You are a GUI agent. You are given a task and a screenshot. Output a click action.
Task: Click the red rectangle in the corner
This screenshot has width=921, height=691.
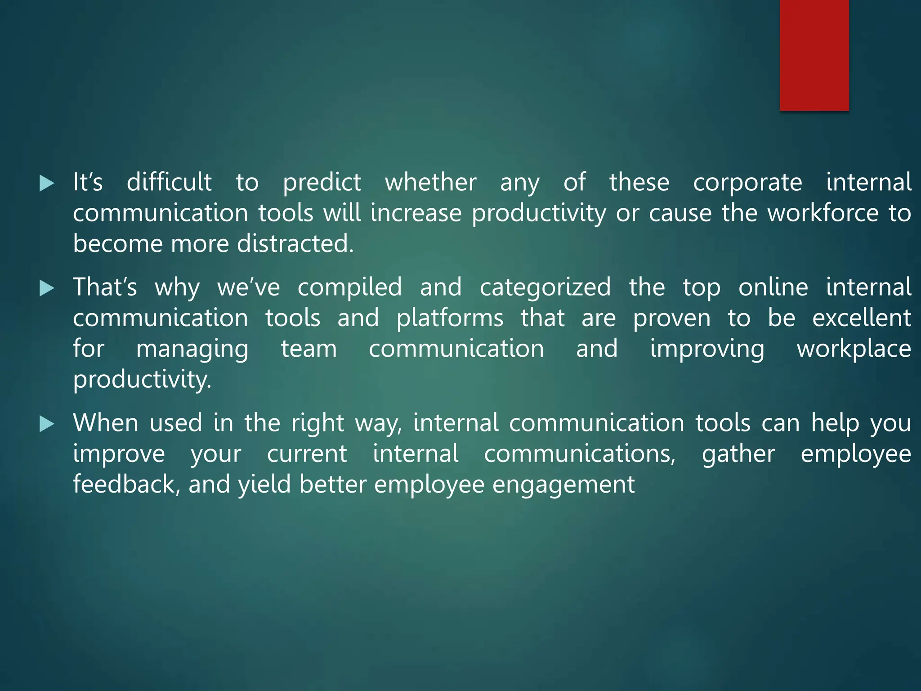click(814, 55)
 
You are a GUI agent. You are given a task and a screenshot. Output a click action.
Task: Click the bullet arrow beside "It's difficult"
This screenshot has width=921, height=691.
click(47, 183)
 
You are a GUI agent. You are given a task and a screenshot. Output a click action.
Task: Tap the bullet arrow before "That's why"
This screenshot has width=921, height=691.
click(47, 288)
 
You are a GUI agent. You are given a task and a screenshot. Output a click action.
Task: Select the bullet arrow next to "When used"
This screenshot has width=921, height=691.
click(47, 424)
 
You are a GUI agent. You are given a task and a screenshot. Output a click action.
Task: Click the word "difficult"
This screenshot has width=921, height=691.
click(169, 182)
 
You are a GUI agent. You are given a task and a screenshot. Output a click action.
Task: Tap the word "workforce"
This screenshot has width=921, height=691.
click(823, 213)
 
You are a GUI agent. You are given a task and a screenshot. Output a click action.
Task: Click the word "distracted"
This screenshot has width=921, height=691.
click(295, 243)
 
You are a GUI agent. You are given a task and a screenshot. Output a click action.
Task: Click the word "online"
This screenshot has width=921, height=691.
click(773, 287)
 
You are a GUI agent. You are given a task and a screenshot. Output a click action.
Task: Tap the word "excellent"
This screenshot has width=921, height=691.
click(862, 318)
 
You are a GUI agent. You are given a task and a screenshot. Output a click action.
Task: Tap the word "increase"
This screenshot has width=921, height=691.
click(416, 213)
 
